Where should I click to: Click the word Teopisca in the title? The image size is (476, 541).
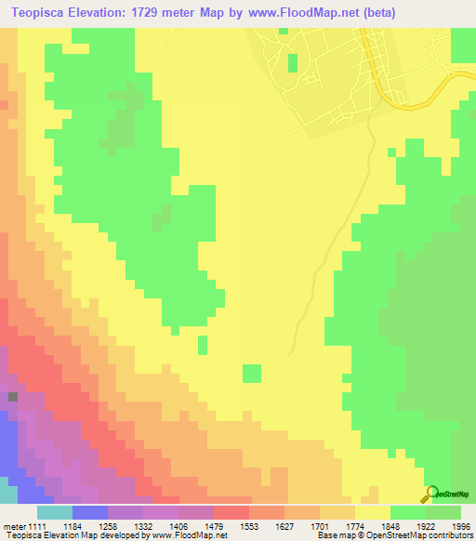coord(39,13)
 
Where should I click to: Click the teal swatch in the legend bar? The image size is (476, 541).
coord(54,512)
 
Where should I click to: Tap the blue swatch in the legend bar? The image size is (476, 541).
coord(89,512)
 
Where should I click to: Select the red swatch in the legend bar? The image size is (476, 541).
coord(231,512)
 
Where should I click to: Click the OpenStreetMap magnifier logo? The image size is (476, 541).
coord(430,494)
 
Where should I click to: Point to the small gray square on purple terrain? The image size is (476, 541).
coord(13,397)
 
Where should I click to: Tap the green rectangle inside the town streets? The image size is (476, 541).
coord(293,62)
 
